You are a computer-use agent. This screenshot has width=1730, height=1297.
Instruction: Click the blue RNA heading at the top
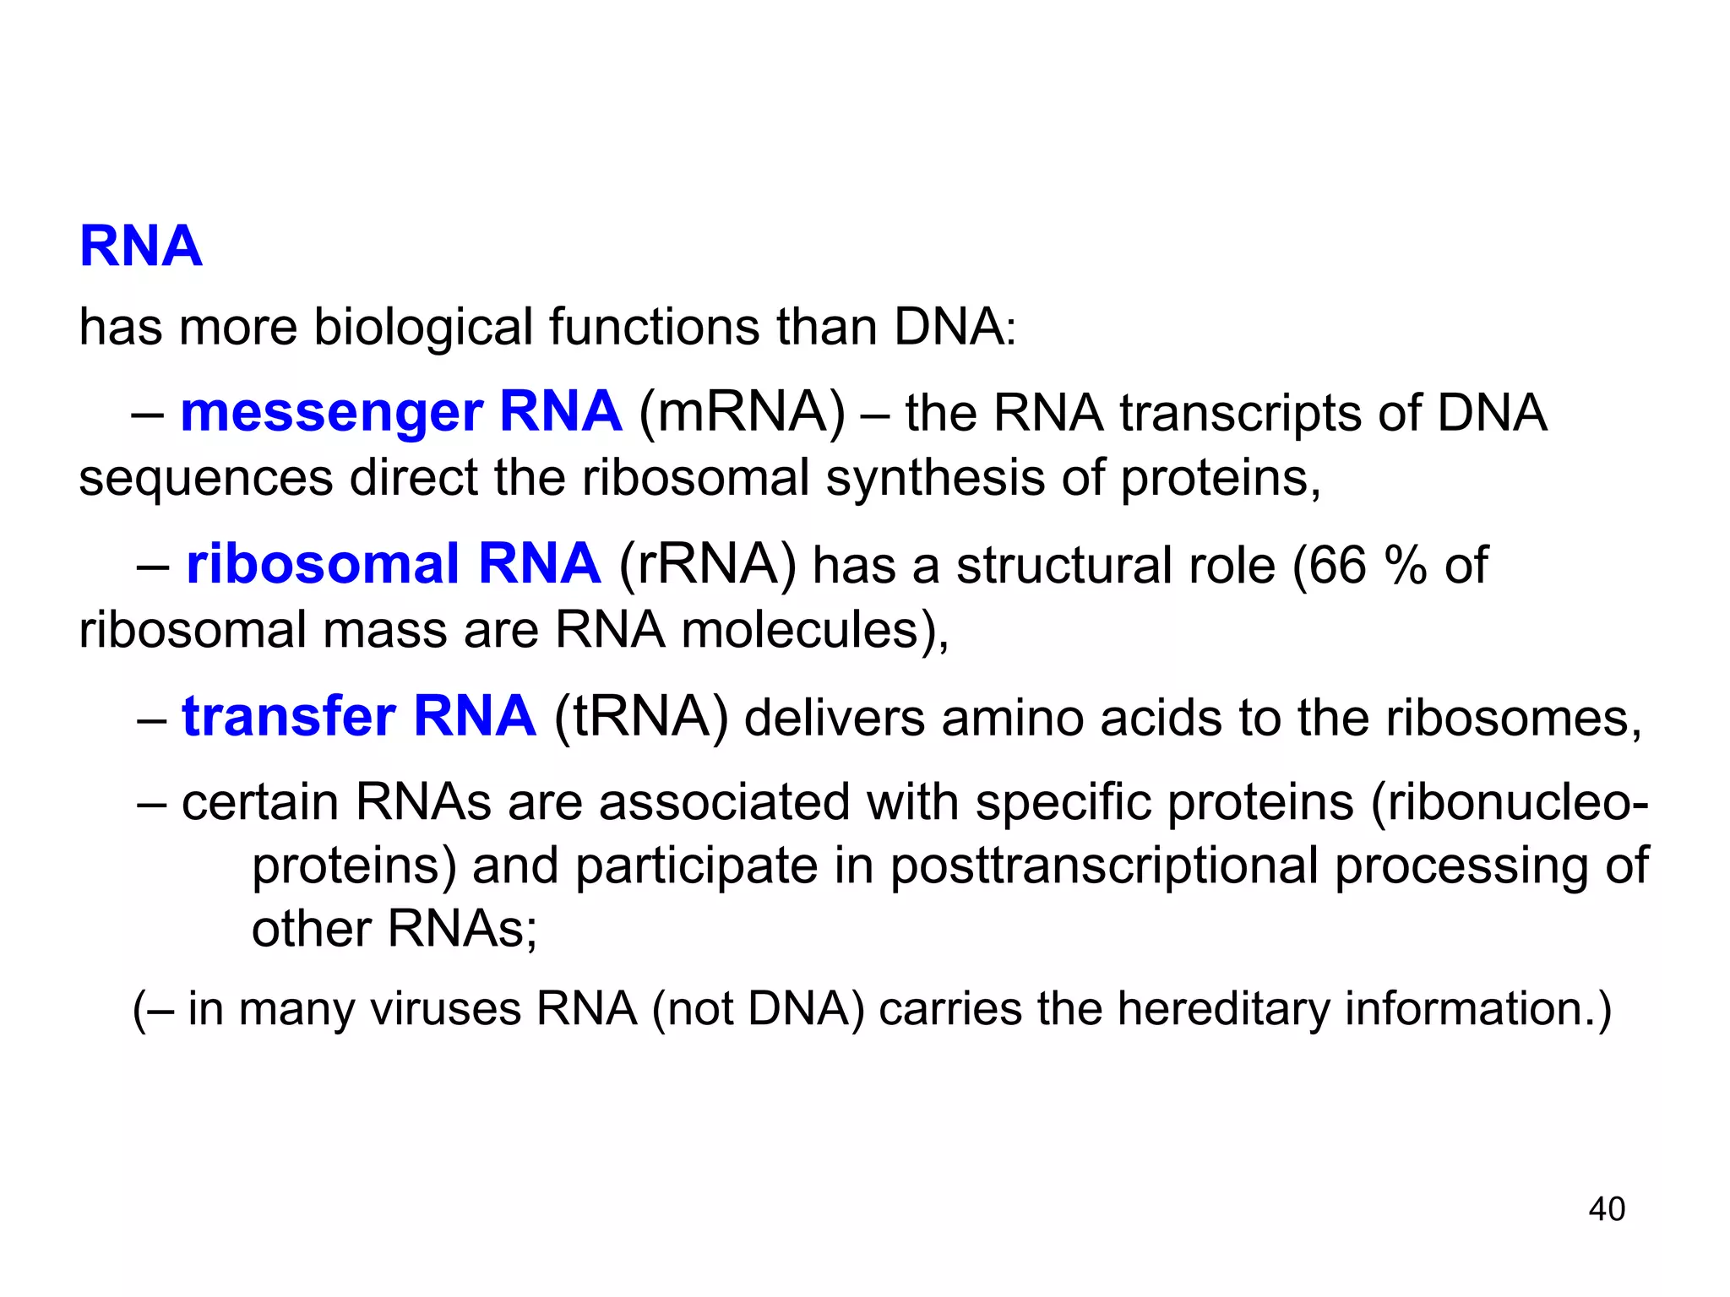[141, 247]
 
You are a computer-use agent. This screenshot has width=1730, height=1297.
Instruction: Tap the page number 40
[1607, 1209]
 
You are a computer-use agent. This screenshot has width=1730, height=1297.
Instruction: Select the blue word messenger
[331, 413]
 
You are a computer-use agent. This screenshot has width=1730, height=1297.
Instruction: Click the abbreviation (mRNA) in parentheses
[742, 413]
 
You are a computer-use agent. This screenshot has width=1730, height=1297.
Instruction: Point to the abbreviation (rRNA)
[708, 565]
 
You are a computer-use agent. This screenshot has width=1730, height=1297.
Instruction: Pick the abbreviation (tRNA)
[641, 718]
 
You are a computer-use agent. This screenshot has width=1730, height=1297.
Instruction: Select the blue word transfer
[289, 718]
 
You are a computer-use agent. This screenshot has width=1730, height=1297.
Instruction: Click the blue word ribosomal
[323, 565]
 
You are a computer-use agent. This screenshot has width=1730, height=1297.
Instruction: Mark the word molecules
[799, 631]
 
